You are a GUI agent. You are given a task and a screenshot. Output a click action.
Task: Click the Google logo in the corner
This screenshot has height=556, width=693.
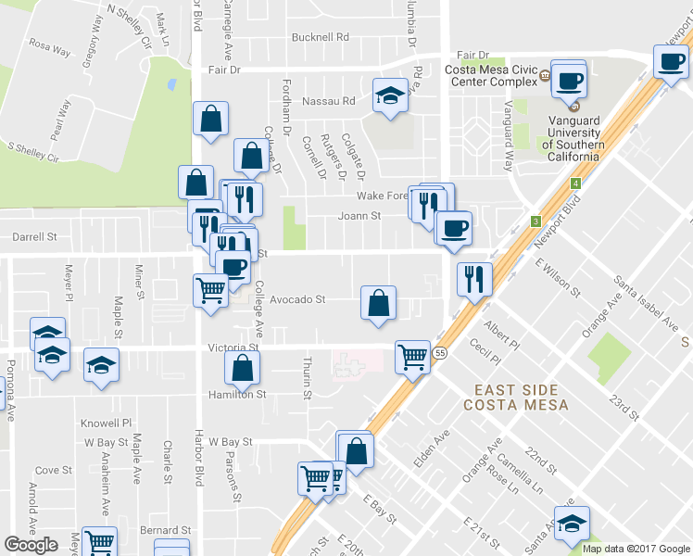coord(31,545)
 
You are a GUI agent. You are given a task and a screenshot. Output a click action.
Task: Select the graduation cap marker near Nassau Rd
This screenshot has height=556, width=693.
coord(390,95)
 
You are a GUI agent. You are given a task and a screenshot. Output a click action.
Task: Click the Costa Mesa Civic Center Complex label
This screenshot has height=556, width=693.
coord(491,75)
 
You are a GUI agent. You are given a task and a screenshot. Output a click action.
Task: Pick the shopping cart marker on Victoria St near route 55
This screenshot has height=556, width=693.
coord(412,356)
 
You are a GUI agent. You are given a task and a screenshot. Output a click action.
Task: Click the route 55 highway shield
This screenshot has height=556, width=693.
coord(440,353)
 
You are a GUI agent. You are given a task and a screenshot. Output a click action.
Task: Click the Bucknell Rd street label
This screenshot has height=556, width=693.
coord(320,38)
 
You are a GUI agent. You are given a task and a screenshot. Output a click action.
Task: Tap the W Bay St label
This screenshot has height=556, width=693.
coord(231,442)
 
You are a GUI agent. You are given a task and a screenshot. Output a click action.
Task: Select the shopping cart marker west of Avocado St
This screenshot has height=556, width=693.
coord(210,289)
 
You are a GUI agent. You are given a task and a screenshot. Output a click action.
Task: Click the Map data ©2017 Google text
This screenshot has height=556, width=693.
coord(636,549)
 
